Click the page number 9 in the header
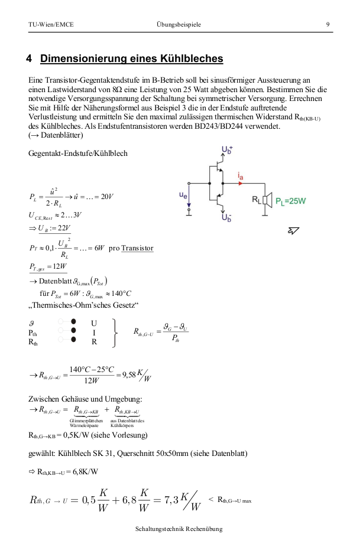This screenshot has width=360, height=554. (327, 24)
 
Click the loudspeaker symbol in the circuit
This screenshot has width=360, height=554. (267, 200)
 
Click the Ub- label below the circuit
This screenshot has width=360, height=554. (226, 217)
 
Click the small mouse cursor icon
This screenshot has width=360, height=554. (293, 230)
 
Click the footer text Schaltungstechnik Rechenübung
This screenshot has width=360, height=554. (179, 529)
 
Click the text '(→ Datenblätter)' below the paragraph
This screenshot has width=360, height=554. (57, 135)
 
